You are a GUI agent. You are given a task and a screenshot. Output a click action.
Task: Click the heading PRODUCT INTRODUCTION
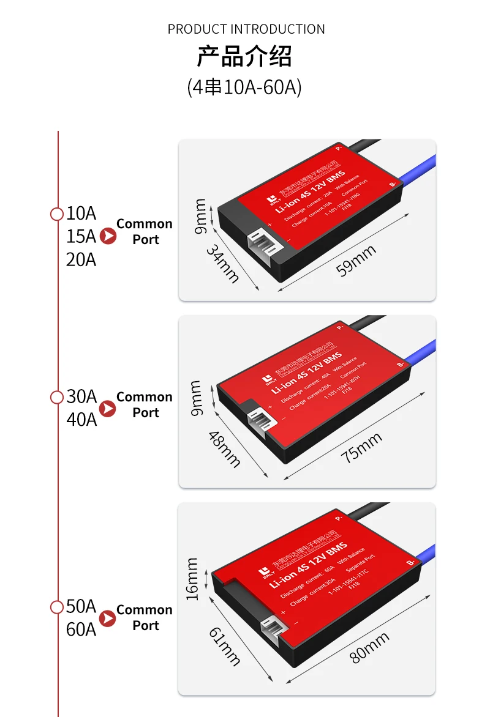pos(246,29)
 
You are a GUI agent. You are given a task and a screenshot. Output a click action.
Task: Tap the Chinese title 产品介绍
pos(244,56)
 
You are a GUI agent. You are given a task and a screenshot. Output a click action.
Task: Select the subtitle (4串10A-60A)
pos(244,87)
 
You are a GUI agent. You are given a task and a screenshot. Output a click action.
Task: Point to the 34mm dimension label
pos(222,264)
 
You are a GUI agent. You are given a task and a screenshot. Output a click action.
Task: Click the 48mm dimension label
pos(224,449)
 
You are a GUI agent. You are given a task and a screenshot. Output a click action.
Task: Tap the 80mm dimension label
pos(369,647)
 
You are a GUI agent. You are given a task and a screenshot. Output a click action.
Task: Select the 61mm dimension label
pos(225,647)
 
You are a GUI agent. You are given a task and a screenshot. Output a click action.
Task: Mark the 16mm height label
pos(192,579)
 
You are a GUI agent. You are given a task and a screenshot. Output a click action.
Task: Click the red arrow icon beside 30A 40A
pos(108,409)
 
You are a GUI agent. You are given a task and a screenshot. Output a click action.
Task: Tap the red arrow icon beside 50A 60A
pos(108,618)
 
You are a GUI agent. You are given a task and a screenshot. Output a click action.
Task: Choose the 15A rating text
pos(81,236)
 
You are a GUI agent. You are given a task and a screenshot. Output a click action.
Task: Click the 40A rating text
pos(81,420)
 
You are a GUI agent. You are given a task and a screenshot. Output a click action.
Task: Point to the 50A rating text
pos(81,607)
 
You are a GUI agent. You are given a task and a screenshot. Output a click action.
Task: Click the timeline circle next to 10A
pos(57,214)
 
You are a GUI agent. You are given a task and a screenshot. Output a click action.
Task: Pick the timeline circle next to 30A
pos(57,397)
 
